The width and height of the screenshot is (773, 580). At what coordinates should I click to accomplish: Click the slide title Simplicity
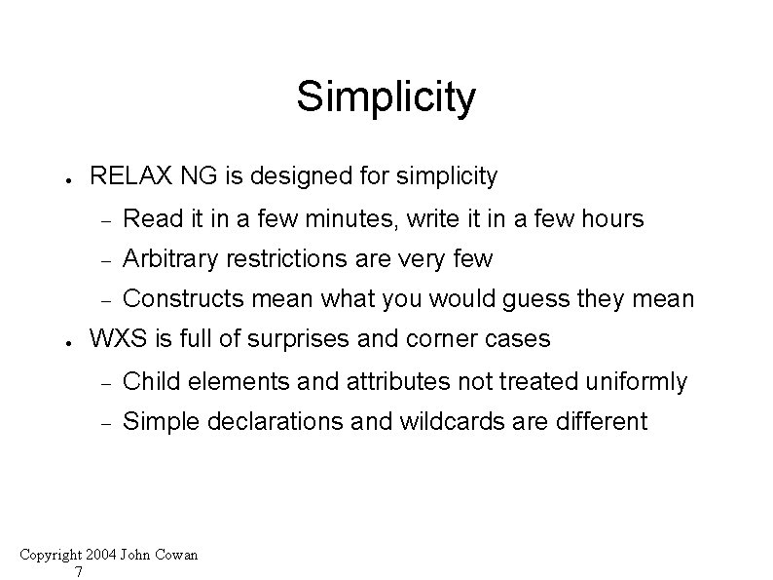pos(386,97)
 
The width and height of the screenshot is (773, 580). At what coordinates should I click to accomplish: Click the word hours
pos(612,218)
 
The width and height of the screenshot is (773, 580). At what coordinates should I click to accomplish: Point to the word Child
pos(151,381)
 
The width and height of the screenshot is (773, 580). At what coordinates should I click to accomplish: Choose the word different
pos(601,422)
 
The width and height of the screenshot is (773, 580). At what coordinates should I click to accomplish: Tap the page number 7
pos(79,571)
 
